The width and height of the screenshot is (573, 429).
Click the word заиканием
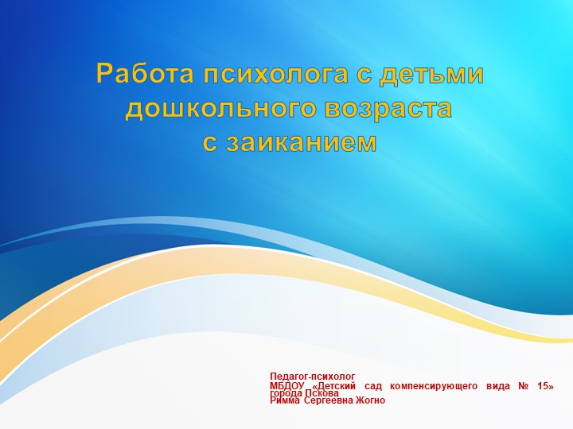(298, 142)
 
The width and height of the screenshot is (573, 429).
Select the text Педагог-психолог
(312, 377)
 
